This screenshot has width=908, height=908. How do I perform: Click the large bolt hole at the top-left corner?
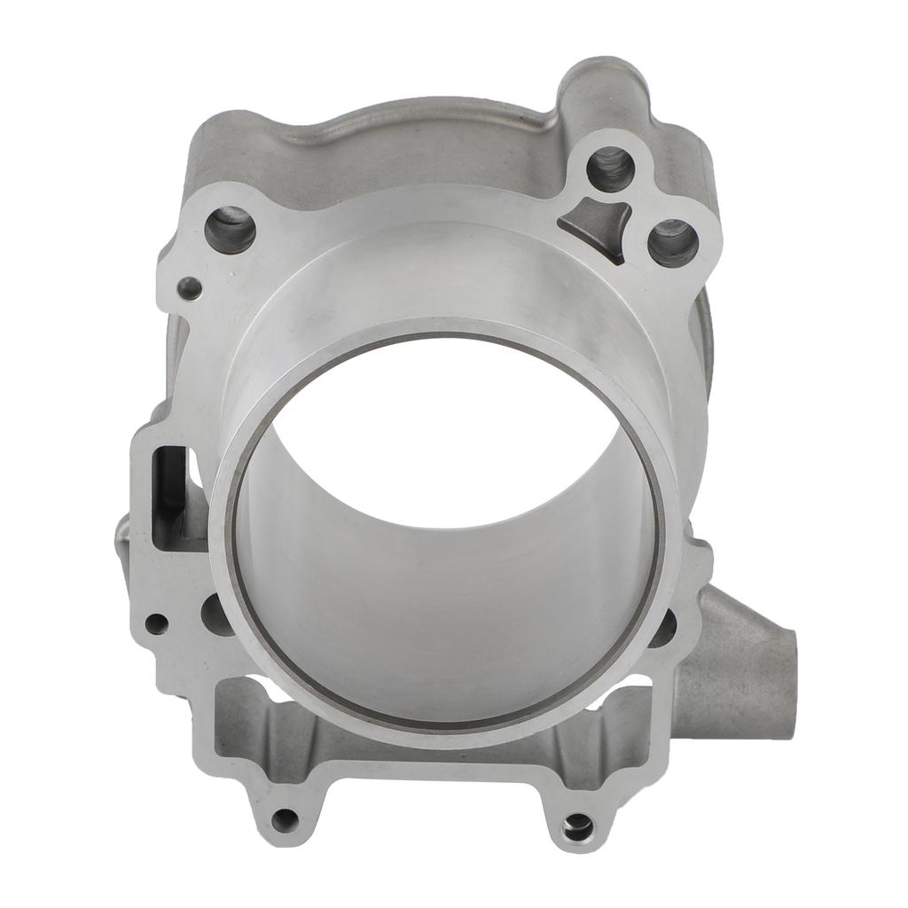pos(230,229)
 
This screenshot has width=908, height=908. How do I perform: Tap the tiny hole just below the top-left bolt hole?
pos(190,287)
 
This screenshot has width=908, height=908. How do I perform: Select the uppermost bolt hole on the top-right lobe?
pos(610,169)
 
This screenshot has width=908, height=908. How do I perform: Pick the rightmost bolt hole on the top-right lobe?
pos(672,242)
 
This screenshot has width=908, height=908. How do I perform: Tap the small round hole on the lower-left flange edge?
pos(156,623)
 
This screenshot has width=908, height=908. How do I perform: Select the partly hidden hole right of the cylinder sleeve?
pos(664,627)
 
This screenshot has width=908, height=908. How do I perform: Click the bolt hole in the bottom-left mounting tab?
pos(285,820)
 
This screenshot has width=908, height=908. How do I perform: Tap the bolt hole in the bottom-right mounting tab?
pos(577,827)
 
